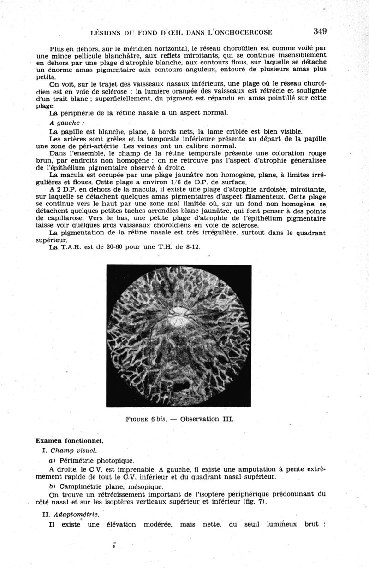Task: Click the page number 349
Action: click(320, 31)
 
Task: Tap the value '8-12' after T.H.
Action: click(192, 247)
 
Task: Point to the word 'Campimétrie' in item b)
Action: click(80, 486)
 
